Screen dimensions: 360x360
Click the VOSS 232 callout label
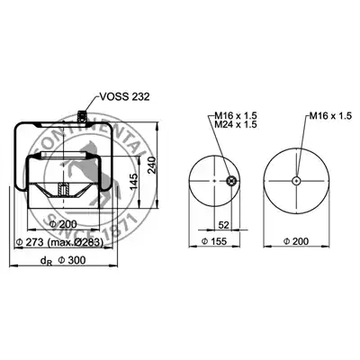[124, 97]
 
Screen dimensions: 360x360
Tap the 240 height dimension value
[152, 165]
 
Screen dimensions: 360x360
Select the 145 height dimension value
[134, 181]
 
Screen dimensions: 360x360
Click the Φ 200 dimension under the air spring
[63, 224]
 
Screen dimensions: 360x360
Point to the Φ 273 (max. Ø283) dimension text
[60, 242]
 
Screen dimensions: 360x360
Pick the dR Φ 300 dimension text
[63, 260]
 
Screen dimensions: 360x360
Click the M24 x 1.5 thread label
[236, 124]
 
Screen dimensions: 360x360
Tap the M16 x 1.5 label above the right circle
[330, 116]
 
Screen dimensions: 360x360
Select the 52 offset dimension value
[223, 225]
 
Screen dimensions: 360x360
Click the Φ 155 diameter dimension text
[214, 241]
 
